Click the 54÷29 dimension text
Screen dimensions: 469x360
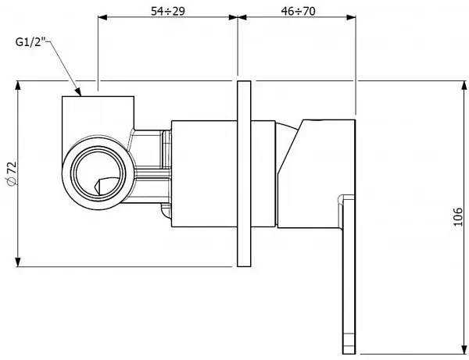tap(168, 11)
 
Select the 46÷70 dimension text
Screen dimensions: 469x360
tap(298, 11)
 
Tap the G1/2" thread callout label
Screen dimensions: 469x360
tap(30, 42)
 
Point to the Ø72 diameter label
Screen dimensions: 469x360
tap(12, 174)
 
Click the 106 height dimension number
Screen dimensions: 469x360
tap(457, 216)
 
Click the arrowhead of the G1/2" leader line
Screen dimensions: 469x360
tap(78, 91)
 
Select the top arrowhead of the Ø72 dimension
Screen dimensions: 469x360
tap(18, 85)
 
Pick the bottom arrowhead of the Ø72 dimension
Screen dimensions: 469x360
tap(18, 262)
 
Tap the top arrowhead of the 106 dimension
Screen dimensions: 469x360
tap(464, 85)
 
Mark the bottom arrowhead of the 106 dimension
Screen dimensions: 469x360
tap(464, 350)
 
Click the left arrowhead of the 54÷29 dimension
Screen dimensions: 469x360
tap(102, 17)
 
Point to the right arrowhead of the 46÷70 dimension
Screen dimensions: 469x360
tap(351, 17)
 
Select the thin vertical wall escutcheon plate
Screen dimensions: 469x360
tap(244, 173)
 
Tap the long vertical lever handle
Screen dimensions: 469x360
tap(349, 274)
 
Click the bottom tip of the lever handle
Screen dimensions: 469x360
tap(349, 354)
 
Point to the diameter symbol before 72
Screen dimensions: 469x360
tap(12, 181)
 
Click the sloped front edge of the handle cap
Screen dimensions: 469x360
tap(290, 146)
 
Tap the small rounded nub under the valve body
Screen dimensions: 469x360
tap(166, 211)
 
